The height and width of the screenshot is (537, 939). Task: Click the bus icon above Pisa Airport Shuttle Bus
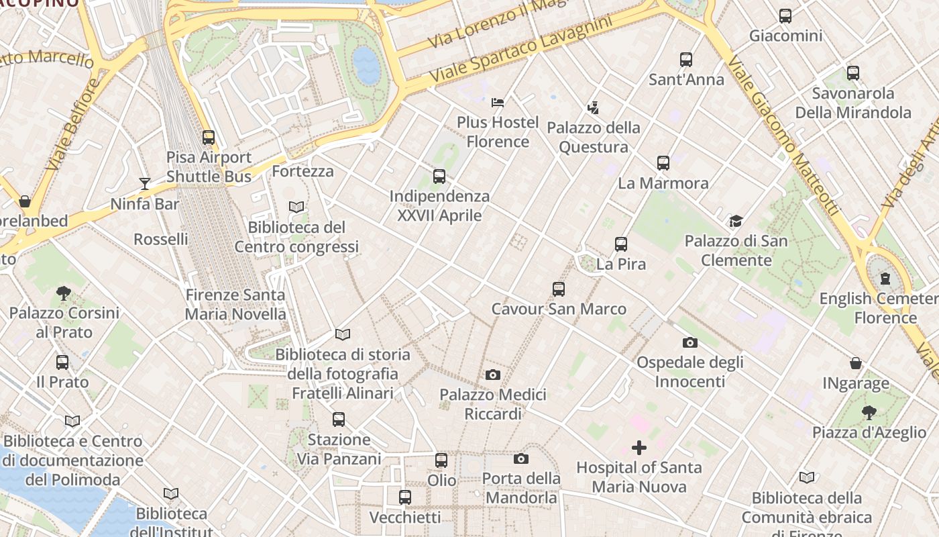[209, 138]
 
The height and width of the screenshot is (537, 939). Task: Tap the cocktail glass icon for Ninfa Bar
[145, 183]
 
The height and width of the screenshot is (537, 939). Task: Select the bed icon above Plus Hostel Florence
[498, 103]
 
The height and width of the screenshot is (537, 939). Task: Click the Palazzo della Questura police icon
[593, 107]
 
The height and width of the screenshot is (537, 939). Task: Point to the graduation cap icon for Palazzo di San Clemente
[736, 221]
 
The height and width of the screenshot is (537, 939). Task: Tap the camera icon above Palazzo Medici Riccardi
[493, 375]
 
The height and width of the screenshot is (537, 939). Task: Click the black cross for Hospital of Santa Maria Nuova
[639, 448]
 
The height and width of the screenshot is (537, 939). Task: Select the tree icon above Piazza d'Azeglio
[869, 412]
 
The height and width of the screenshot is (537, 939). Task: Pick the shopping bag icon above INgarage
[856, 363]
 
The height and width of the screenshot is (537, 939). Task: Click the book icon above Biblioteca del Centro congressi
[296, 207]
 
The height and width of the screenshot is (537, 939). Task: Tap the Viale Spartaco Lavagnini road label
[521, 50]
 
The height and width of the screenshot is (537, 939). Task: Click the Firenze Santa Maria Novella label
[235, 304]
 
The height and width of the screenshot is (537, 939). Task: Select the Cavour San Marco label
[559, 309]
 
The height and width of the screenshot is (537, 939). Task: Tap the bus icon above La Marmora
[663, 163]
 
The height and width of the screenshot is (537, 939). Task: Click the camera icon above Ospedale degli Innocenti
[690, 343]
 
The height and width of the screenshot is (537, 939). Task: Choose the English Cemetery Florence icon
[885, 279]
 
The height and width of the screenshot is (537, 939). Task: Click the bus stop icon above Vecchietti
[405, 497]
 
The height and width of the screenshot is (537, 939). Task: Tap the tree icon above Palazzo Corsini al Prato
[64, 293]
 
